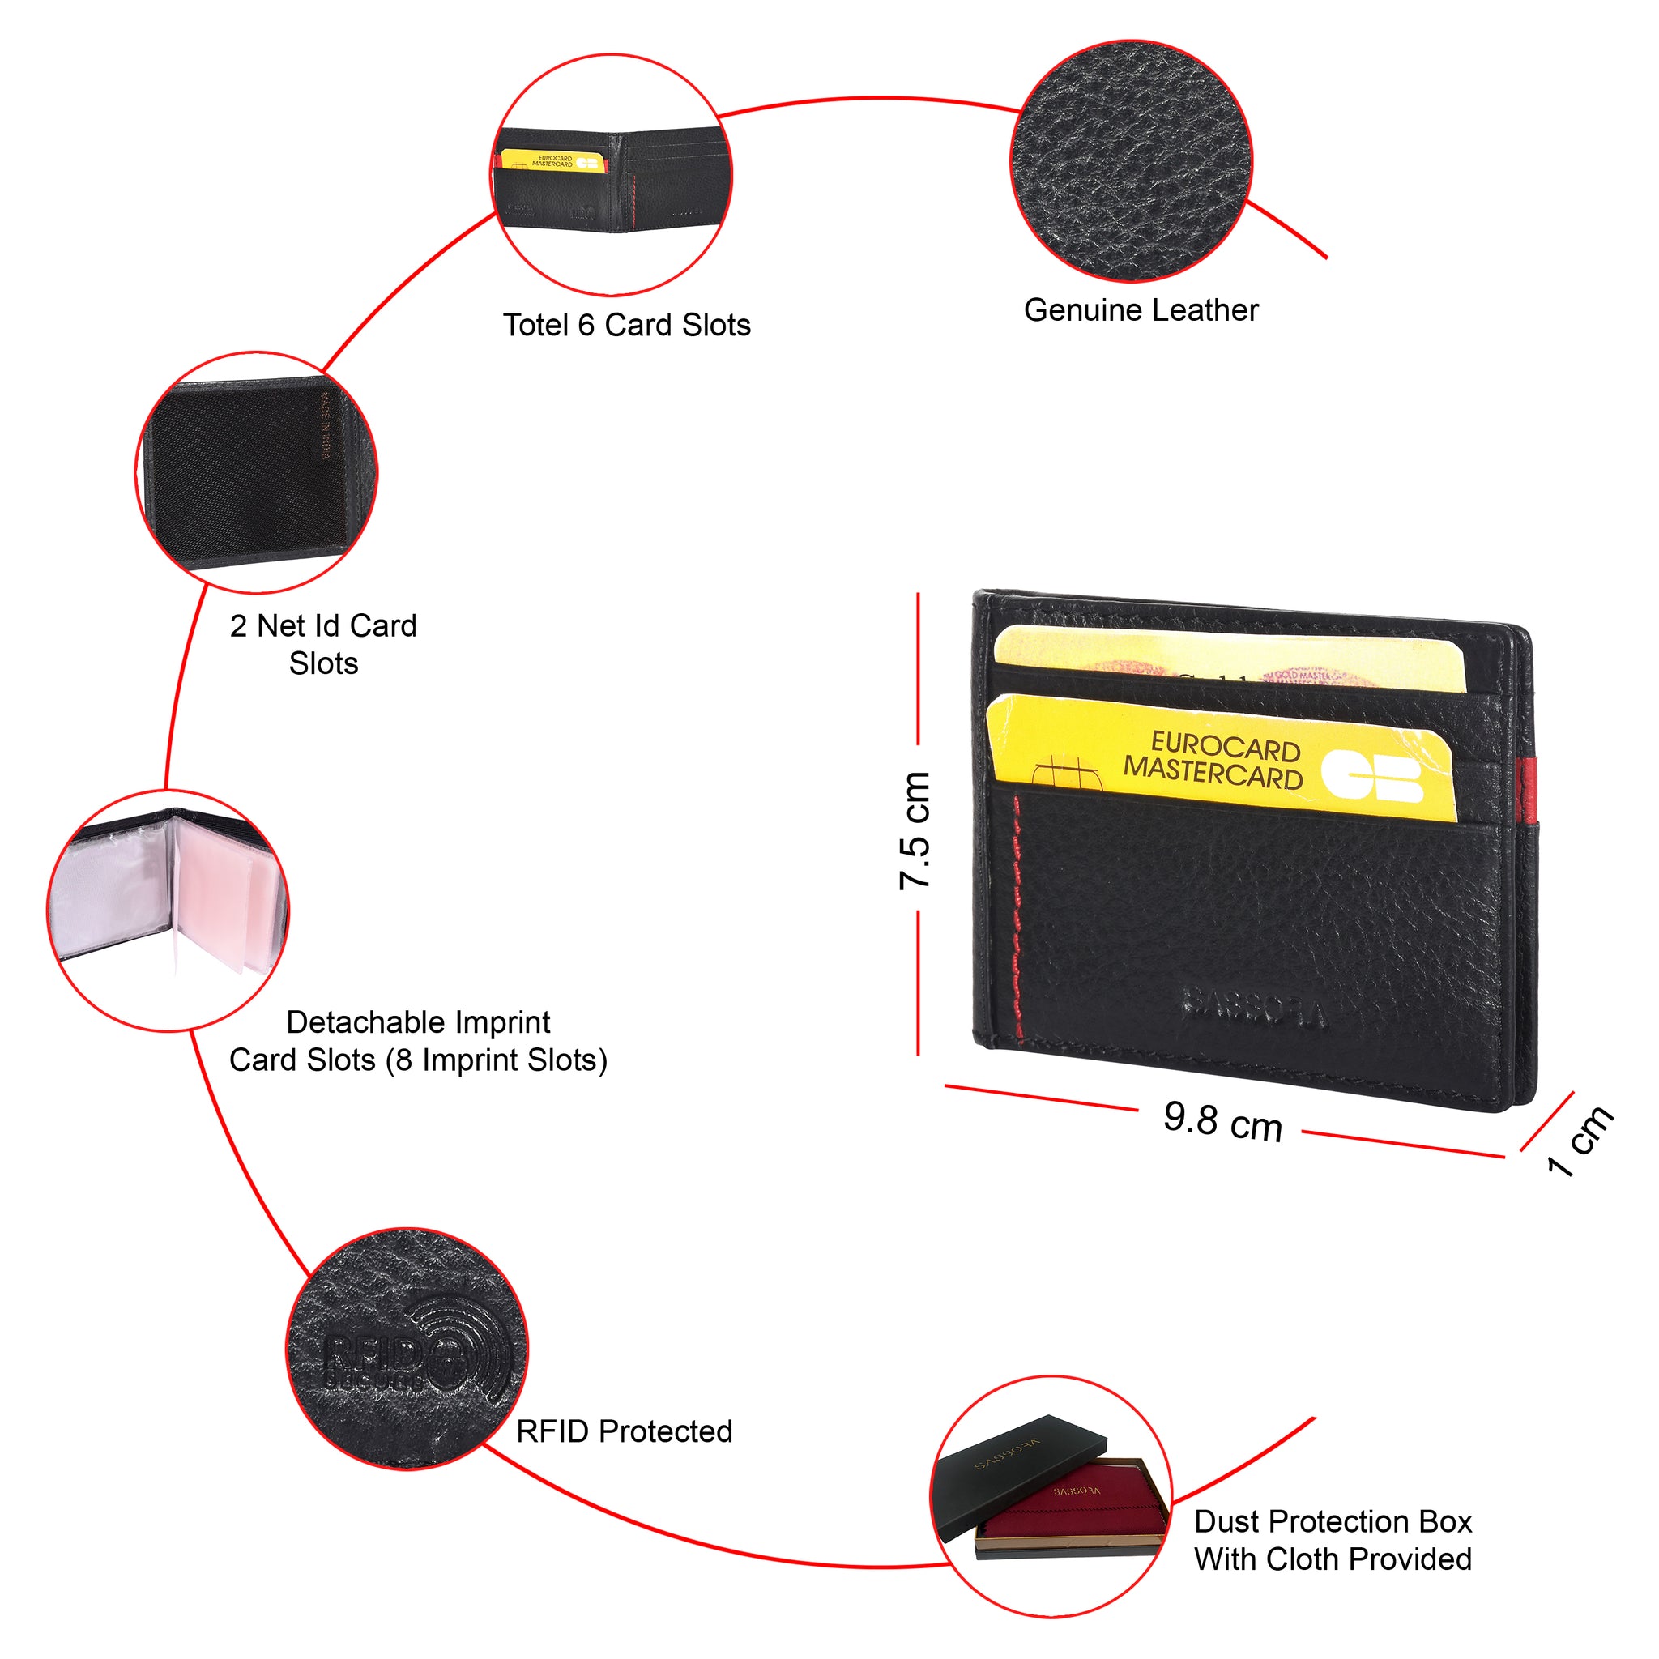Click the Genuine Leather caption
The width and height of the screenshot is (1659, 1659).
click(x=1141, y=311)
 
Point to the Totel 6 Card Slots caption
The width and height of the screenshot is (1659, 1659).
click(x=627, y=326)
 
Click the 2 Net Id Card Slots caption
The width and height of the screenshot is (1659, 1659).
click(x=324, y=645)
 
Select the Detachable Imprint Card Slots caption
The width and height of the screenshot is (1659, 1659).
click(x=418, y=1042)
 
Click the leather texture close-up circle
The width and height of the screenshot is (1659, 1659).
click(x=1132, y=160)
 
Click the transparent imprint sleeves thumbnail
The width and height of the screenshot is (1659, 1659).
click(x=168, y=911)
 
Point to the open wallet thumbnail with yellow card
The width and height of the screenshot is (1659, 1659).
click(x=613, y=175)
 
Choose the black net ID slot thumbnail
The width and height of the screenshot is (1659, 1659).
click(x=256, y=472)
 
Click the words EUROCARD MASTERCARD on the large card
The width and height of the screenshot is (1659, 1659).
click(x=1214, y=759)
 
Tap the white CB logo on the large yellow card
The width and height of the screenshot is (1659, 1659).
click(x=1372, y=775)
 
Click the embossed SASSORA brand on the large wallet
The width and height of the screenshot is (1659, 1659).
click(x=1253, y=1007)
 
